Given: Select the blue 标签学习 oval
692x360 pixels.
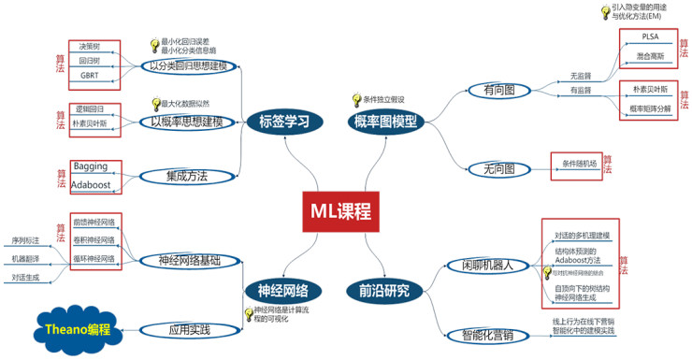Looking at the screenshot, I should (x=280, y=121).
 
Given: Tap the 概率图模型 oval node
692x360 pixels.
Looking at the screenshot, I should (x=385, y=121).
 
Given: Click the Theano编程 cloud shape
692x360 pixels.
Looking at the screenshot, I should (x=79, y=329).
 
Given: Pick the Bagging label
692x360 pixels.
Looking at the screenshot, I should (x=91, y=166).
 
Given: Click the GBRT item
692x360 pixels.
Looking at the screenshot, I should (x=90, y=75).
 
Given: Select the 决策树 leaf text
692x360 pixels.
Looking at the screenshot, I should (x=90, y=46).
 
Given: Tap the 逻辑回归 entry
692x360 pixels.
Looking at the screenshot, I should (x=90, y=108).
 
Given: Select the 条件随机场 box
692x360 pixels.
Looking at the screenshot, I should (x=579, y=164).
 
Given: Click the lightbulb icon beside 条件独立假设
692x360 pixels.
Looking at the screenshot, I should (x=355, y=99).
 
